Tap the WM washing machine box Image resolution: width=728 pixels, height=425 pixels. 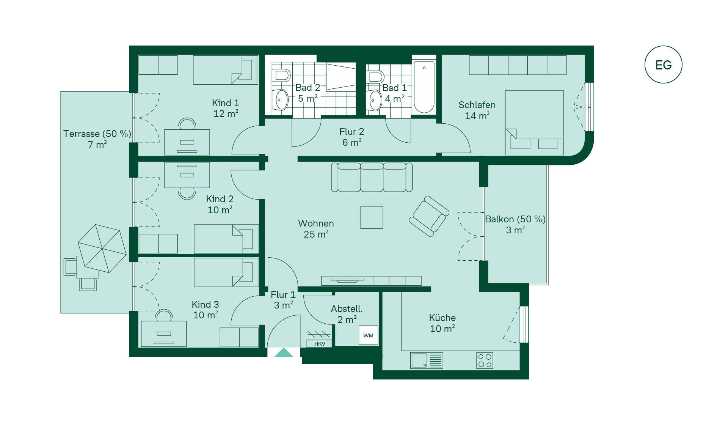368,335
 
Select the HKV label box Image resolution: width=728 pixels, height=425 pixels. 319,344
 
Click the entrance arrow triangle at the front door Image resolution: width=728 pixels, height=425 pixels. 284,353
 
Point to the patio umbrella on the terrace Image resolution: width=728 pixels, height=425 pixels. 102,249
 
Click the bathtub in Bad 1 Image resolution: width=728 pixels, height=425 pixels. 424,87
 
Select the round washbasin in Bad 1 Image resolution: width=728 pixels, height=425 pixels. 375,101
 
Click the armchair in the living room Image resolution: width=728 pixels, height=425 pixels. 429,216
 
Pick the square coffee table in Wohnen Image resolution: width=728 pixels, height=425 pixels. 372,217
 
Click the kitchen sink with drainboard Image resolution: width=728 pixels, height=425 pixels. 427,360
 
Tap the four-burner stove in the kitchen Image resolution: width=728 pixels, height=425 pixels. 485,360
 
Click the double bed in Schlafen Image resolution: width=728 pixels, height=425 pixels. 534,123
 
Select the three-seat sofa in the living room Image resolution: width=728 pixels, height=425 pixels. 372,177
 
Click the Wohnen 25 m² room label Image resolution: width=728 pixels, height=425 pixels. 316,228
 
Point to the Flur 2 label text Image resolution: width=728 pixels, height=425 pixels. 351,132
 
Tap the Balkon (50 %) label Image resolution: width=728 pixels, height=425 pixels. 515,219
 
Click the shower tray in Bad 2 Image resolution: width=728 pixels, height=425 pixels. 341,77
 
